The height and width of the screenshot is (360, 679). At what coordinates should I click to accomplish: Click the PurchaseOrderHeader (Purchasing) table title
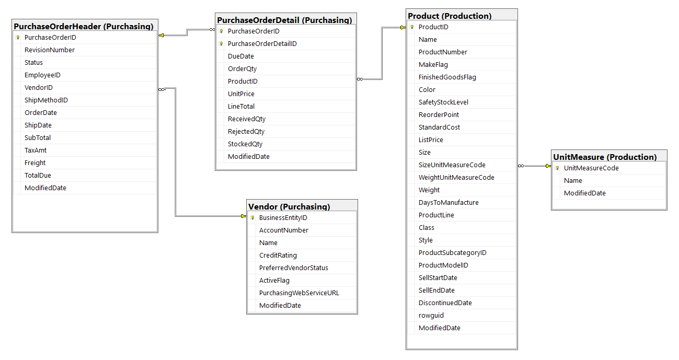click(x=83, y=26)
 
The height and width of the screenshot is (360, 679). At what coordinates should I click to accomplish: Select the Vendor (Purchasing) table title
click(x=289, y=207)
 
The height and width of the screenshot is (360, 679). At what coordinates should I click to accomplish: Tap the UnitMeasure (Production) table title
click(x=605, y=157)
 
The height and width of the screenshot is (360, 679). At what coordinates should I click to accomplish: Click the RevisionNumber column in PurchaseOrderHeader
click(x=50, y=50)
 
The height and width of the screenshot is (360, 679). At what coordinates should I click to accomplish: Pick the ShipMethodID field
click(x=46, y=100)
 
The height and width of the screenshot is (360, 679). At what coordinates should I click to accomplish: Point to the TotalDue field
click(x=38, y=175)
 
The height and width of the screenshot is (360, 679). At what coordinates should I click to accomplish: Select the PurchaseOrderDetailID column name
click(x=262, y=44)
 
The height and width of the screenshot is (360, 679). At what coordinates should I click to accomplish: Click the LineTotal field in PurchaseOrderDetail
click(x=241, y=107)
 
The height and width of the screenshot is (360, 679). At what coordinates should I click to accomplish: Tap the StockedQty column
click(x=245, y=144)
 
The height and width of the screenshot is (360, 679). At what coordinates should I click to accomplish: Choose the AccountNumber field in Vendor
click(x=284, y=230)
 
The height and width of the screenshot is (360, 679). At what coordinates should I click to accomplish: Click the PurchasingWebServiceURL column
click(x=299, y=293)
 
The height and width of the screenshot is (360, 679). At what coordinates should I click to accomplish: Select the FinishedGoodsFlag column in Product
click(x=447, y=77)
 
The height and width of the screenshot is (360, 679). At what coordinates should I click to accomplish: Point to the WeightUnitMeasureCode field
click(x=456, y=178)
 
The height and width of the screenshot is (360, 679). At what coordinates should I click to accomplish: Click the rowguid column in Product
click(x=431, y=316)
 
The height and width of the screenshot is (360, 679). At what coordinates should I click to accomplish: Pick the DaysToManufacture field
click(x=448, y=202)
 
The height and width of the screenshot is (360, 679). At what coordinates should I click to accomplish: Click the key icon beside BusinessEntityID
click(x=253, y=217)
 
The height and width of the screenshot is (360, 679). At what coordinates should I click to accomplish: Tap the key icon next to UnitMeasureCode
click(x=557, y=168)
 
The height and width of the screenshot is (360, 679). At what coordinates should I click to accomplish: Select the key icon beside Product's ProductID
click(x=412, y=27)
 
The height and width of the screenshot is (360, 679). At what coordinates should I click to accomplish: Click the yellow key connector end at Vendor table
click(x=244, y=216)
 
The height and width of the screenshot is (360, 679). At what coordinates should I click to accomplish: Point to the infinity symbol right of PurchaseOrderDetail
click(x=360, y=79)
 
